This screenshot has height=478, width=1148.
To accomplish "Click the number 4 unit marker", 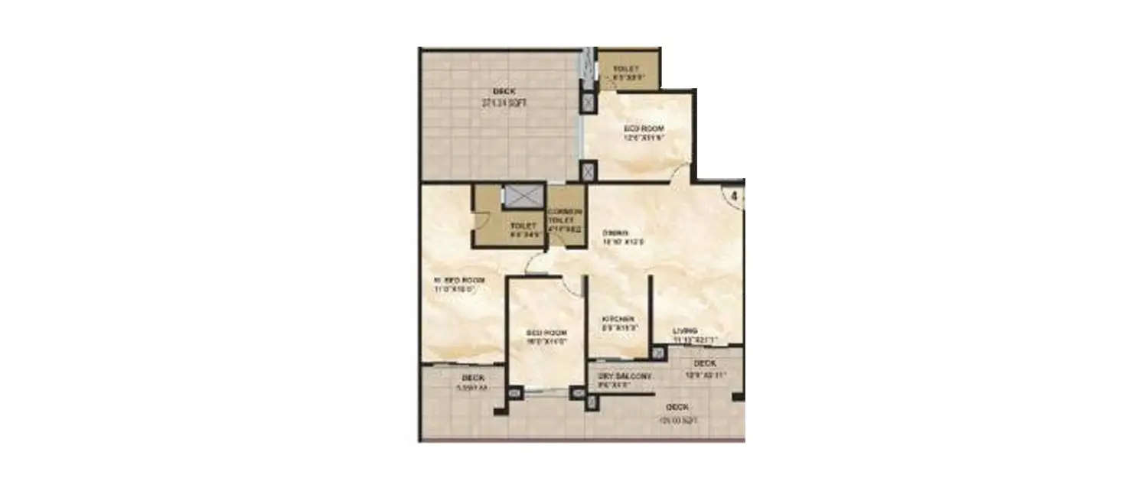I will (733, 197).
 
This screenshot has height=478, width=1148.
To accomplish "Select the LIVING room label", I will (684, 331).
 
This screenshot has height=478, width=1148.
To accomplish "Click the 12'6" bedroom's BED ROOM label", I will (644, 128).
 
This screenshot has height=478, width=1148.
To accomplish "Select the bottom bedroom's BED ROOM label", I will (546, 333).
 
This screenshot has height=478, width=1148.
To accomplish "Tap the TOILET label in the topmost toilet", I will (625, 69).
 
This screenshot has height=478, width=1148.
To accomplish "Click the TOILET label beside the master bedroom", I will (523, 226).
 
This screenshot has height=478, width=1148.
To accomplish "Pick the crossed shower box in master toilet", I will (523, 195).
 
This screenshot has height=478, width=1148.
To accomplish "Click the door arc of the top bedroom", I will (680, 175).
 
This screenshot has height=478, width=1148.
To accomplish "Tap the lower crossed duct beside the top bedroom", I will (588, 172).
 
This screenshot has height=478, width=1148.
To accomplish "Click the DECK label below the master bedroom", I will (472, 379).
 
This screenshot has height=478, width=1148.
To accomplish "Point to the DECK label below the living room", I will (703, 363).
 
